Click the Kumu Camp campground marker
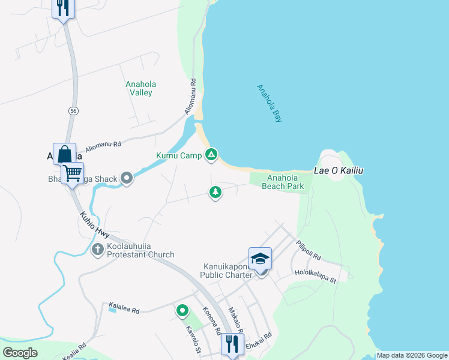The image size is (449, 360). pos(211,155)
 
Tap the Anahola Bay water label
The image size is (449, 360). pos(269,103)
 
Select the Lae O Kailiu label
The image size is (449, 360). pos(339,171)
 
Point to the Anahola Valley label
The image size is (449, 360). pos(139,89)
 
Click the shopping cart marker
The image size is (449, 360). pos(73,173)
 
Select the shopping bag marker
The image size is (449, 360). pos(64,154)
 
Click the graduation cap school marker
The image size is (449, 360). pos(260,258)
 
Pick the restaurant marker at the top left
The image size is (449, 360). pos(63,8)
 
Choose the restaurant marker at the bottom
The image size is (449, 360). pos(232,344)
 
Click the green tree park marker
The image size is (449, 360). pos(215,192)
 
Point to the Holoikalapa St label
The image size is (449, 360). pos(316,277)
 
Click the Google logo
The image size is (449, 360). pos(20,353)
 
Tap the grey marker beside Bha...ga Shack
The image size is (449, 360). pos(127,178)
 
